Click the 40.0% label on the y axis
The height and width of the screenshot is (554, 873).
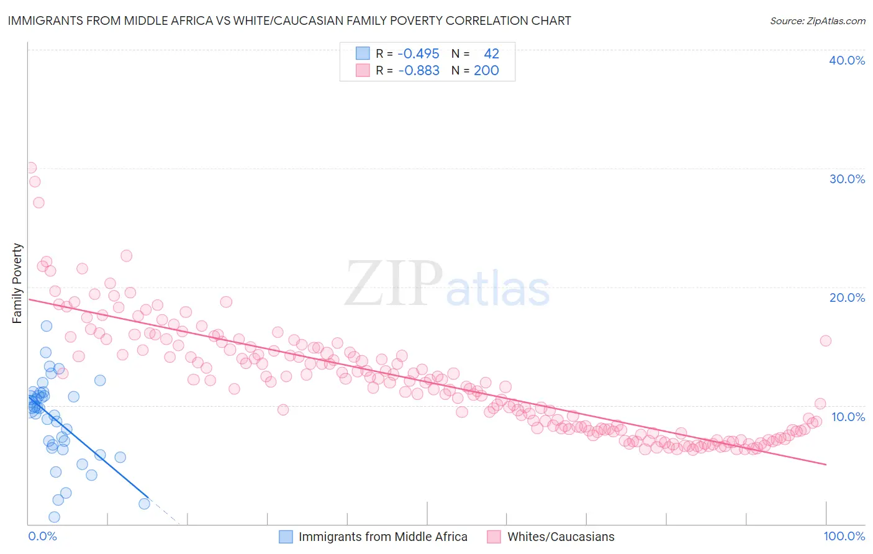[x=847, y=60]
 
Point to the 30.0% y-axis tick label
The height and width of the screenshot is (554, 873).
[x=847, y=179]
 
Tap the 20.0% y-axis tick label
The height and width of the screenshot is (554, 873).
[x=847, y=297]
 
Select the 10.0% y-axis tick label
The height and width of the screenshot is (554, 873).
[x=848, y=417]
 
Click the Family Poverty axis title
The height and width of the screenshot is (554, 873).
[x=17, y=283]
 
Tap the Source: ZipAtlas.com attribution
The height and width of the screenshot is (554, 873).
[x=817, y=20]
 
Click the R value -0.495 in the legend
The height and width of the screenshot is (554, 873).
[x=418, y=54]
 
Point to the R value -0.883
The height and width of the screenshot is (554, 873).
[x=418, y=71]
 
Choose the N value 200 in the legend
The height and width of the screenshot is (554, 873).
[x=486, y=71]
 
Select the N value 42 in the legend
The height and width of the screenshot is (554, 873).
[x=491, y=54]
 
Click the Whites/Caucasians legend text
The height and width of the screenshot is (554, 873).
[x=561, y=537]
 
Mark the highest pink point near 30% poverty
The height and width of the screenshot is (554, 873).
[x=30, y=168]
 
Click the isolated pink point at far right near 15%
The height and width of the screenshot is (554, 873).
[x=825, y=340]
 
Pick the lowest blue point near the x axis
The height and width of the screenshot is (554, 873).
[x=54, y=517]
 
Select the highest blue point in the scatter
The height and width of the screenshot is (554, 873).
[x=47, y=326]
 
